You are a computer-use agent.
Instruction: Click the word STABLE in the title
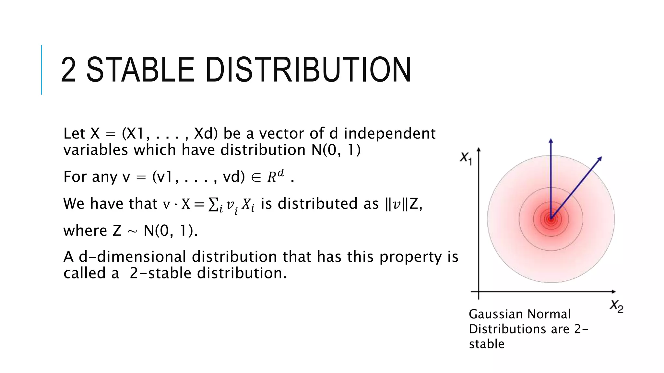click(x=140, y=70)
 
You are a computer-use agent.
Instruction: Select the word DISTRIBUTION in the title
click(x=308, y=70)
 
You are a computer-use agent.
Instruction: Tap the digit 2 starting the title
click(x=68, y=70)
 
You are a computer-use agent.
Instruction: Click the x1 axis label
click(x=466, y=158)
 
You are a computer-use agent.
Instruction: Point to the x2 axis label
click(x=616, y=306)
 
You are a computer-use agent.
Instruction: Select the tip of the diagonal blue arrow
click(x=601, y=158)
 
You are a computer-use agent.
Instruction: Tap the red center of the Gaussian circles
click(x=551, y=219)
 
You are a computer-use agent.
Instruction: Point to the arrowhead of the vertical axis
click(x=479, y=150)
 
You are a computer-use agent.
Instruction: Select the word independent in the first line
click(x=389, y=133)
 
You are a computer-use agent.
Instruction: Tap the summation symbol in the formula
click(x=213, y=204)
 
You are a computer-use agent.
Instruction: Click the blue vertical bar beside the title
click(x=41, y=70)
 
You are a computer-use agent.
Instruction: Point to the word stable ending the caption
click(x=486, y=344)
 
